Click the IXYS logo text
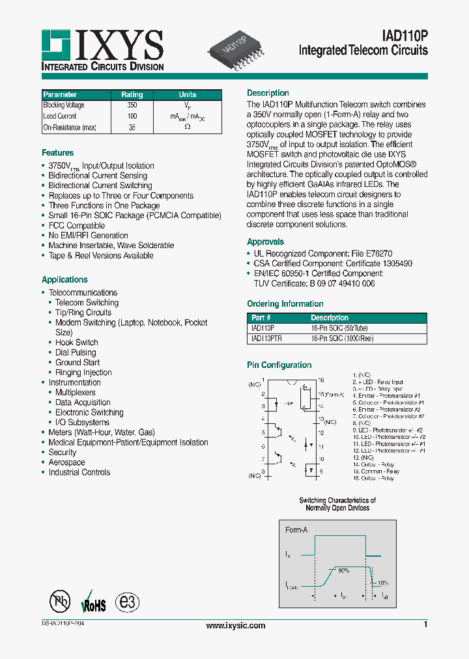[x=121, y=46]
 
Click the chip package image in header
[x=236, y=51]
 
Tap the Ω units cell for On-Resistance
[x=188, y=127]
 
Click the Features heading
[x=58, y=153]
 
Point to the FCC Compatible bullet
[x=77, y=225]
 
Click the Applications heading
[x=64, y=279]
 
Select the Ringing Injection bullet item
[x=83, y=372]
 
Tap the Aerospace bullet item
[x=66, y=462]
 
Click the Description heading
[x=268, y=93]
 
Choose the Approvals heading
[x=265, y=242]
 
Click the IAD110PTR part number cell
[x=266, y=339]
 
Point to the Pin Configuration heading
[x=279, y=365]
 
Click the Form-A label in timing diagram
[x=296, y=530]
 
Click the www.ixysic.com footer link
[x=236, y=626]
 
